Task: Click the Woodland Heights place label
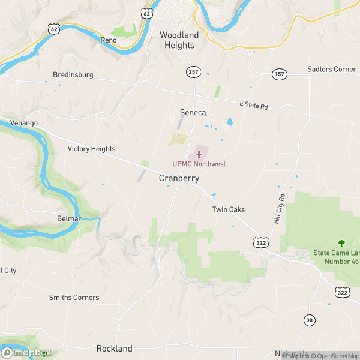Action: tap(178, 40)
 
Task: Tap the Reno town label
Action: tap(109, 40)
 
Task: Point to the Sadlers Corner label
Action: tap(332, 69)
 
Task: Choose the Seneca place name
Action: tap(193, 112)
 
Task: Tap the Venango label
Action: tap(24, 123)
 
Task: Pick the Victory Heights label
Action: tap(91, 149)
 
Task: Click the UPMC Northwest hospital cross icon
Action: tap(199, 154)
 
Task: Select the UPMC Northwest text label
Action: tap(199, 164)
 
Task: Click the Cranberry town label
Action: tap(179, 179)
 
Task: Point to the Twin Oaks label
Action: tap(229, 209)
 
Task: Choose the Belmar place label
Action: tap(69, 219)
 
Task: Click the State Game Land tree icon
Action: tap(342, 243)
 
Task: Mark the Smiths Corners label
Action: tap(74, 297)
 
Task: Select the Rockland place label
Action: tap(114, 349)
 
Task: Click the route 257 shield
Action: tap(193, 71)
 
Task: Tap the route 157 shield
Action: tap(279, 74)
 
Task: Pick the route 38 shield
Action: tap(309, 320)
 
